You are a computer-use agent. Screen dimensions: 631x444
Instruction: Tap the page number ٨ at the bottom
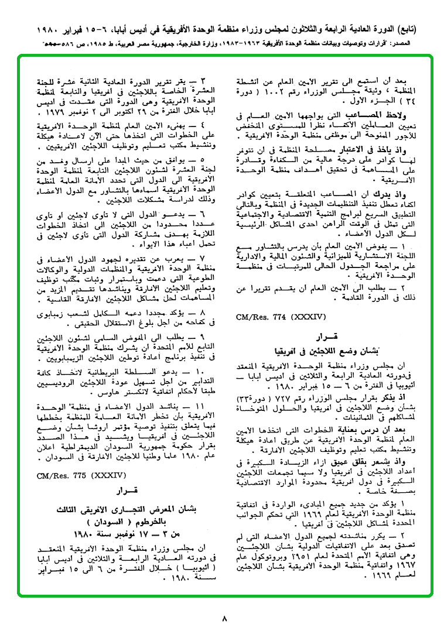click(224, 618)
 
